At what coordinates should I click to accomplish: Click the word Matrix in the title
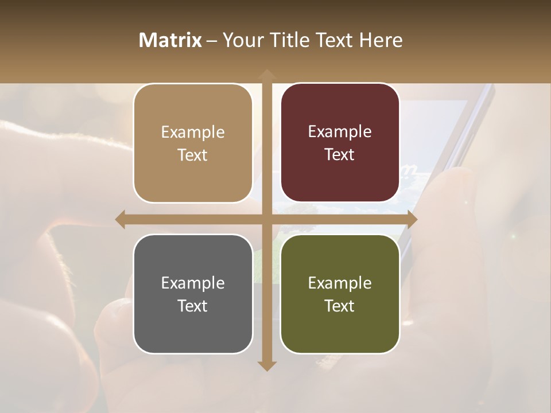coord(170,40)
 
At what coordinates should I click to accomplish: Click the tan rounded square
coord(193,143)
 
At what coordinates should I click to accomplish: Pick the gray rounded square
coord(193,294)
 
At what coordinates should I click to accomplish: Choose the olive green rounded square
coord(340,294)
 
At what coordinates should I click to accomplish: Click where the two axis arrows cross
coord(266,220)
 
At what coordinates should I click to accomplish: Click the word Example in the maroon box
coord(340,131)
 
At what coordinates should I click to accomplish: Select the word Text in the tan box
coord(193,155)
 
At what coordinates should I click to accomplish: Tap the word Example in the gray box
coord(193,283)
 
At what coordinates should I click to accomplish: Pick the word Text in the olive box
coord(340,306)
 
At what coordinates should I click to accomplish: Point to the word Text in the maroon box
coord(340,154)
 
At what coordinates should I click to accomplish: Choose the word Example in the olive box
coord(340,283)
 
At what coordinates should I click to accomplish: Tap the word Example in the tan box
coord(193,132)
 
